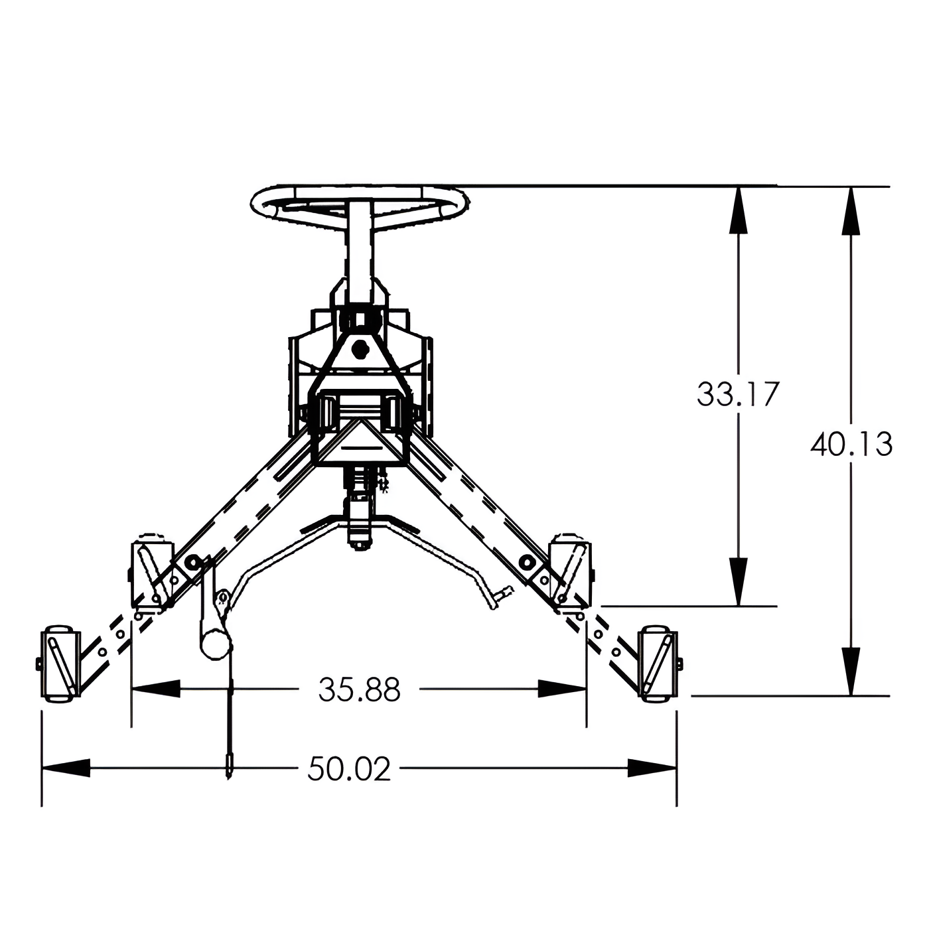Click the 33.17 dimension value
(738, 394)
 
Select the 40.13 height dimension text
(851, 444)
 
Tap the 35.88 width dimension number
(359, 690)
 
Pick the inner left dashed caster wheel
(153, 574)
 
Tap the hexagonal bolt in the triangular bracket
(360, 348)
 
